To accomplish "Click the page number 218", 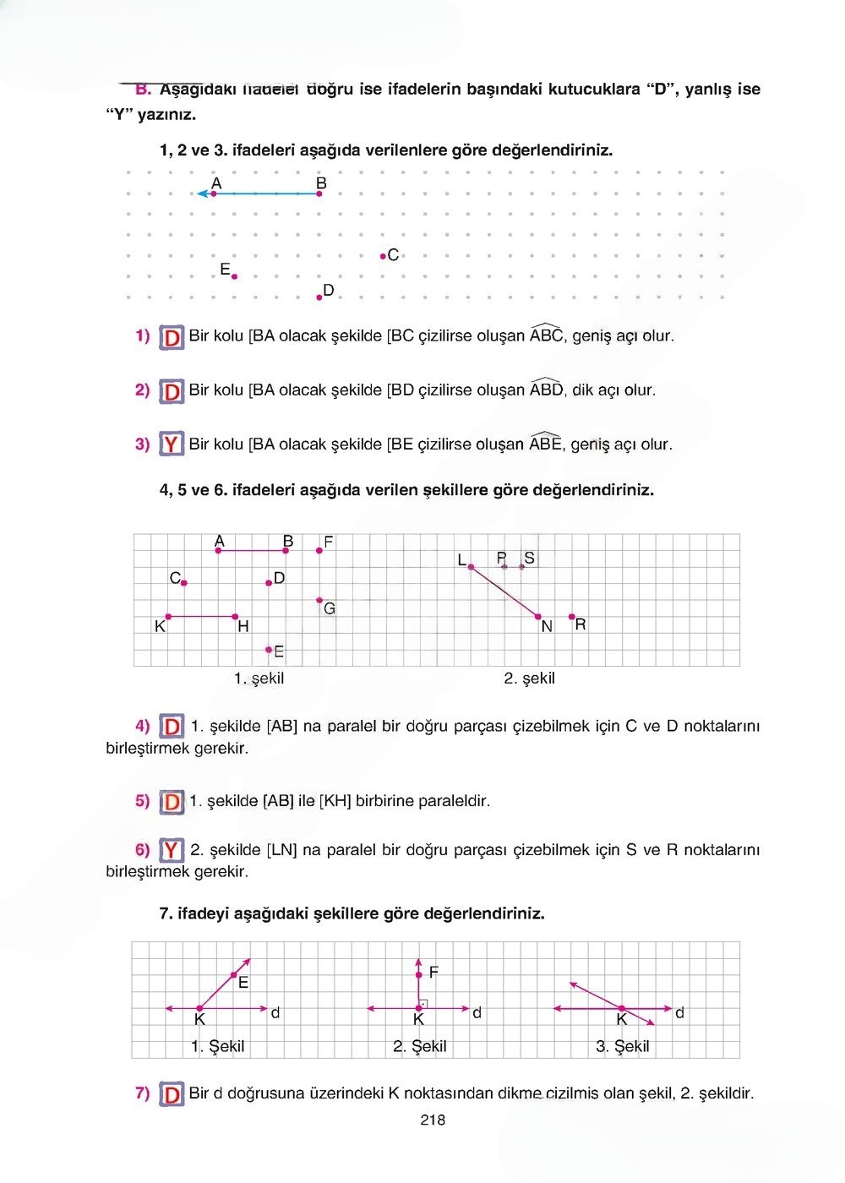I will pos(432,1120).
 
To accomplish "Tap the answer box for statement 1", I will pos(172,338).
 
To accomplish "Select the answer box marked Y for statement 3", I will pos(172,444).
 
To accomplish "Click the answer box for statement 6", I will pos(172,850).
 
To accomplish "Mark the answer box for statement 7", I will pos(172,1094).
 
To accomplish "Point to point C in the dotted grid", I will pos(383,255).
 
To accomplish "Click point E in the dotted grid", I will pos(234,276).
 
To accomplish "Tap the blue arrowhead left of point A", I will pos(202,194).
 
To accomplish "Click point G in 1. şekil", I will pos(319,600).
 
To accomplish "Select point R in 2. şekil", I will pos(572,617).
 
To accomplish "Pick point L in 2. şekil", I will pos(471,567).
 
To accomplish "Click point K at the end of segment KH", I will pos(168,617).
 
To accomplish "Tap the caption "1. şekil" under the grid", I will pos(259,678).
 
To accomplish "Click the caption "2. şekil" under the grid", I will pos(529,678).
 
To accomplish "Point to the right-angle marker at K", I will pos(423,1003).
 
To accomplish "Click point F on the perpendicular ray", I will pos(419,975).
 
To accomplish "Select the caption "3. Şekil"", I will pos(623,1046).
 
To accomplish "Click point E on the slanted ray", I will pos(233,975).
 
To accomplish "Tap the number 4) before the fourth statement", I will pos(142,725).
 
